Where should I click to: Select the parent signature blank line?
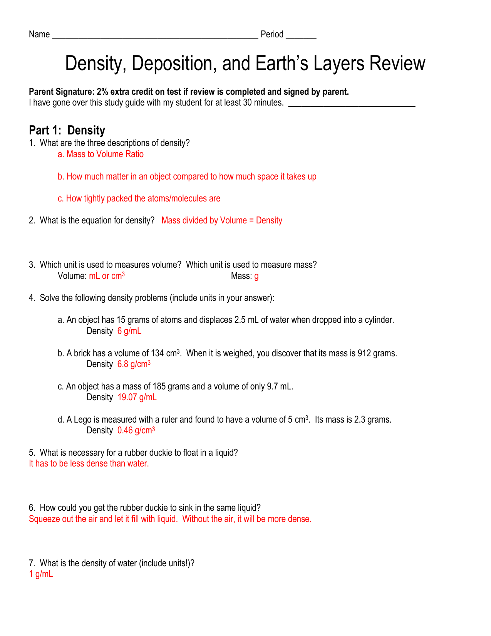pos(352,105)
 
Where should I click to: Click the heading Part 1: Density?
pos(67,131)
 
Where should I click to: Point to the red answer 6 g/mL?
pos(129,331)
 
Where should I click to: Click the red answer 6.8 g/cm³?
pos(134,364)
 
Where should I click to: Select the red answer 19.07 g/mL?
pos(137,398)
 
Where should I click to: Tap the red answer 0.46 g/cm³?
pos(136,431)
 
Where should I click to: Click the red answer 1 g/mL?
pos(41,574)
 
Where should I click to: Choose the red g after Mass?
pos(256,277)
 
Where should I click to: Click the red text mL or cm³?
pos(107,276)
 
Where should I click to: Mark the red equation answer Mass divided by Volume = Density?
pos(222,221)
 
